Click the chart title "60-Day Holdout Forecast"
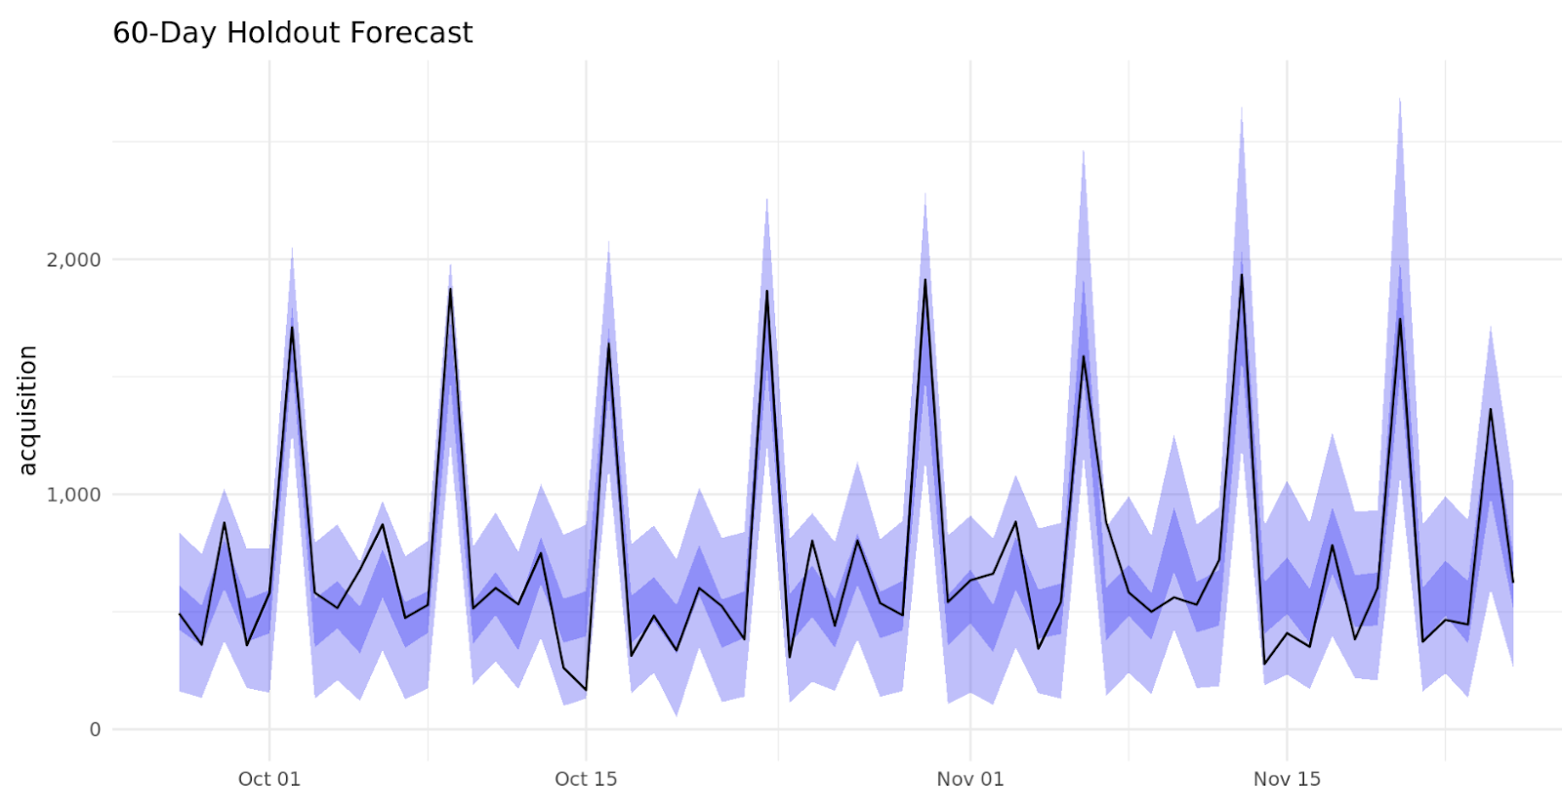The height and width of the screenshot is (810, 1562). click(293, 33)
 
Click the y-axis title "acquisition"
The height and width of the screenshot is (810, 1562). click(27, 410)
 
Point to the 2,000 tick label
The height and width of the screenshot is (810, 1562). click(74, 260)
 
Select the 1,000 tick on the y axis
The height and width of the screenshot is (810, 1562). click(74, 495)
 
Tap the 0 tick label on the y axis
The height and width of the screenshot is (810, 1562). click(95, 730)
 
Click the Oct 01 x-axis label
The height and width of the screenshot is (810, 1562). click(269, 779)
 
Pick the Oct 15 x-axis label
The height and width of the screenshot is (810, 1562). click(586, 779)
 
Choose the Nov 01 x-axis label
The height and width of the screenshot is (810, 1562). click(969, 779)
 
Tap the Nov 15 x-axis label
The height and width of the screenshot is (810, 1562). click(1287, 779)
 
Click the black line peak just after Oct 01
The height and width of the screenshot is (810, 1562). click(292, 327)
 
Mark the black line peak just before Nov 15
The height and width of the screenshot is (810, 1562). click(1242, 275)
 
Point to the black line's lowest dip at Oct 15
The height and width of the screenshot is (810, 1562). click(586, 690)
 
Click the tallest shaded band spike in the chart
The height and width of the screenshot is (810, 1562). click(1400, 100)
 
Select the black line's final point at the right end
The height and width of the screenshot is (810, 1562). click(1512, 582)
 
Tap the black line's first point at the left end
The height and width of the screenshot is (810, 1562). click(180, 614)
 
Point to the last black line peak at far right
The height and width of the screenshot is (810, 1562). click(1491, 410)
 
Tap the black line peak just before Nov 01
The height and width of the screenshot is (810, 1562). click(925, 280)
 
